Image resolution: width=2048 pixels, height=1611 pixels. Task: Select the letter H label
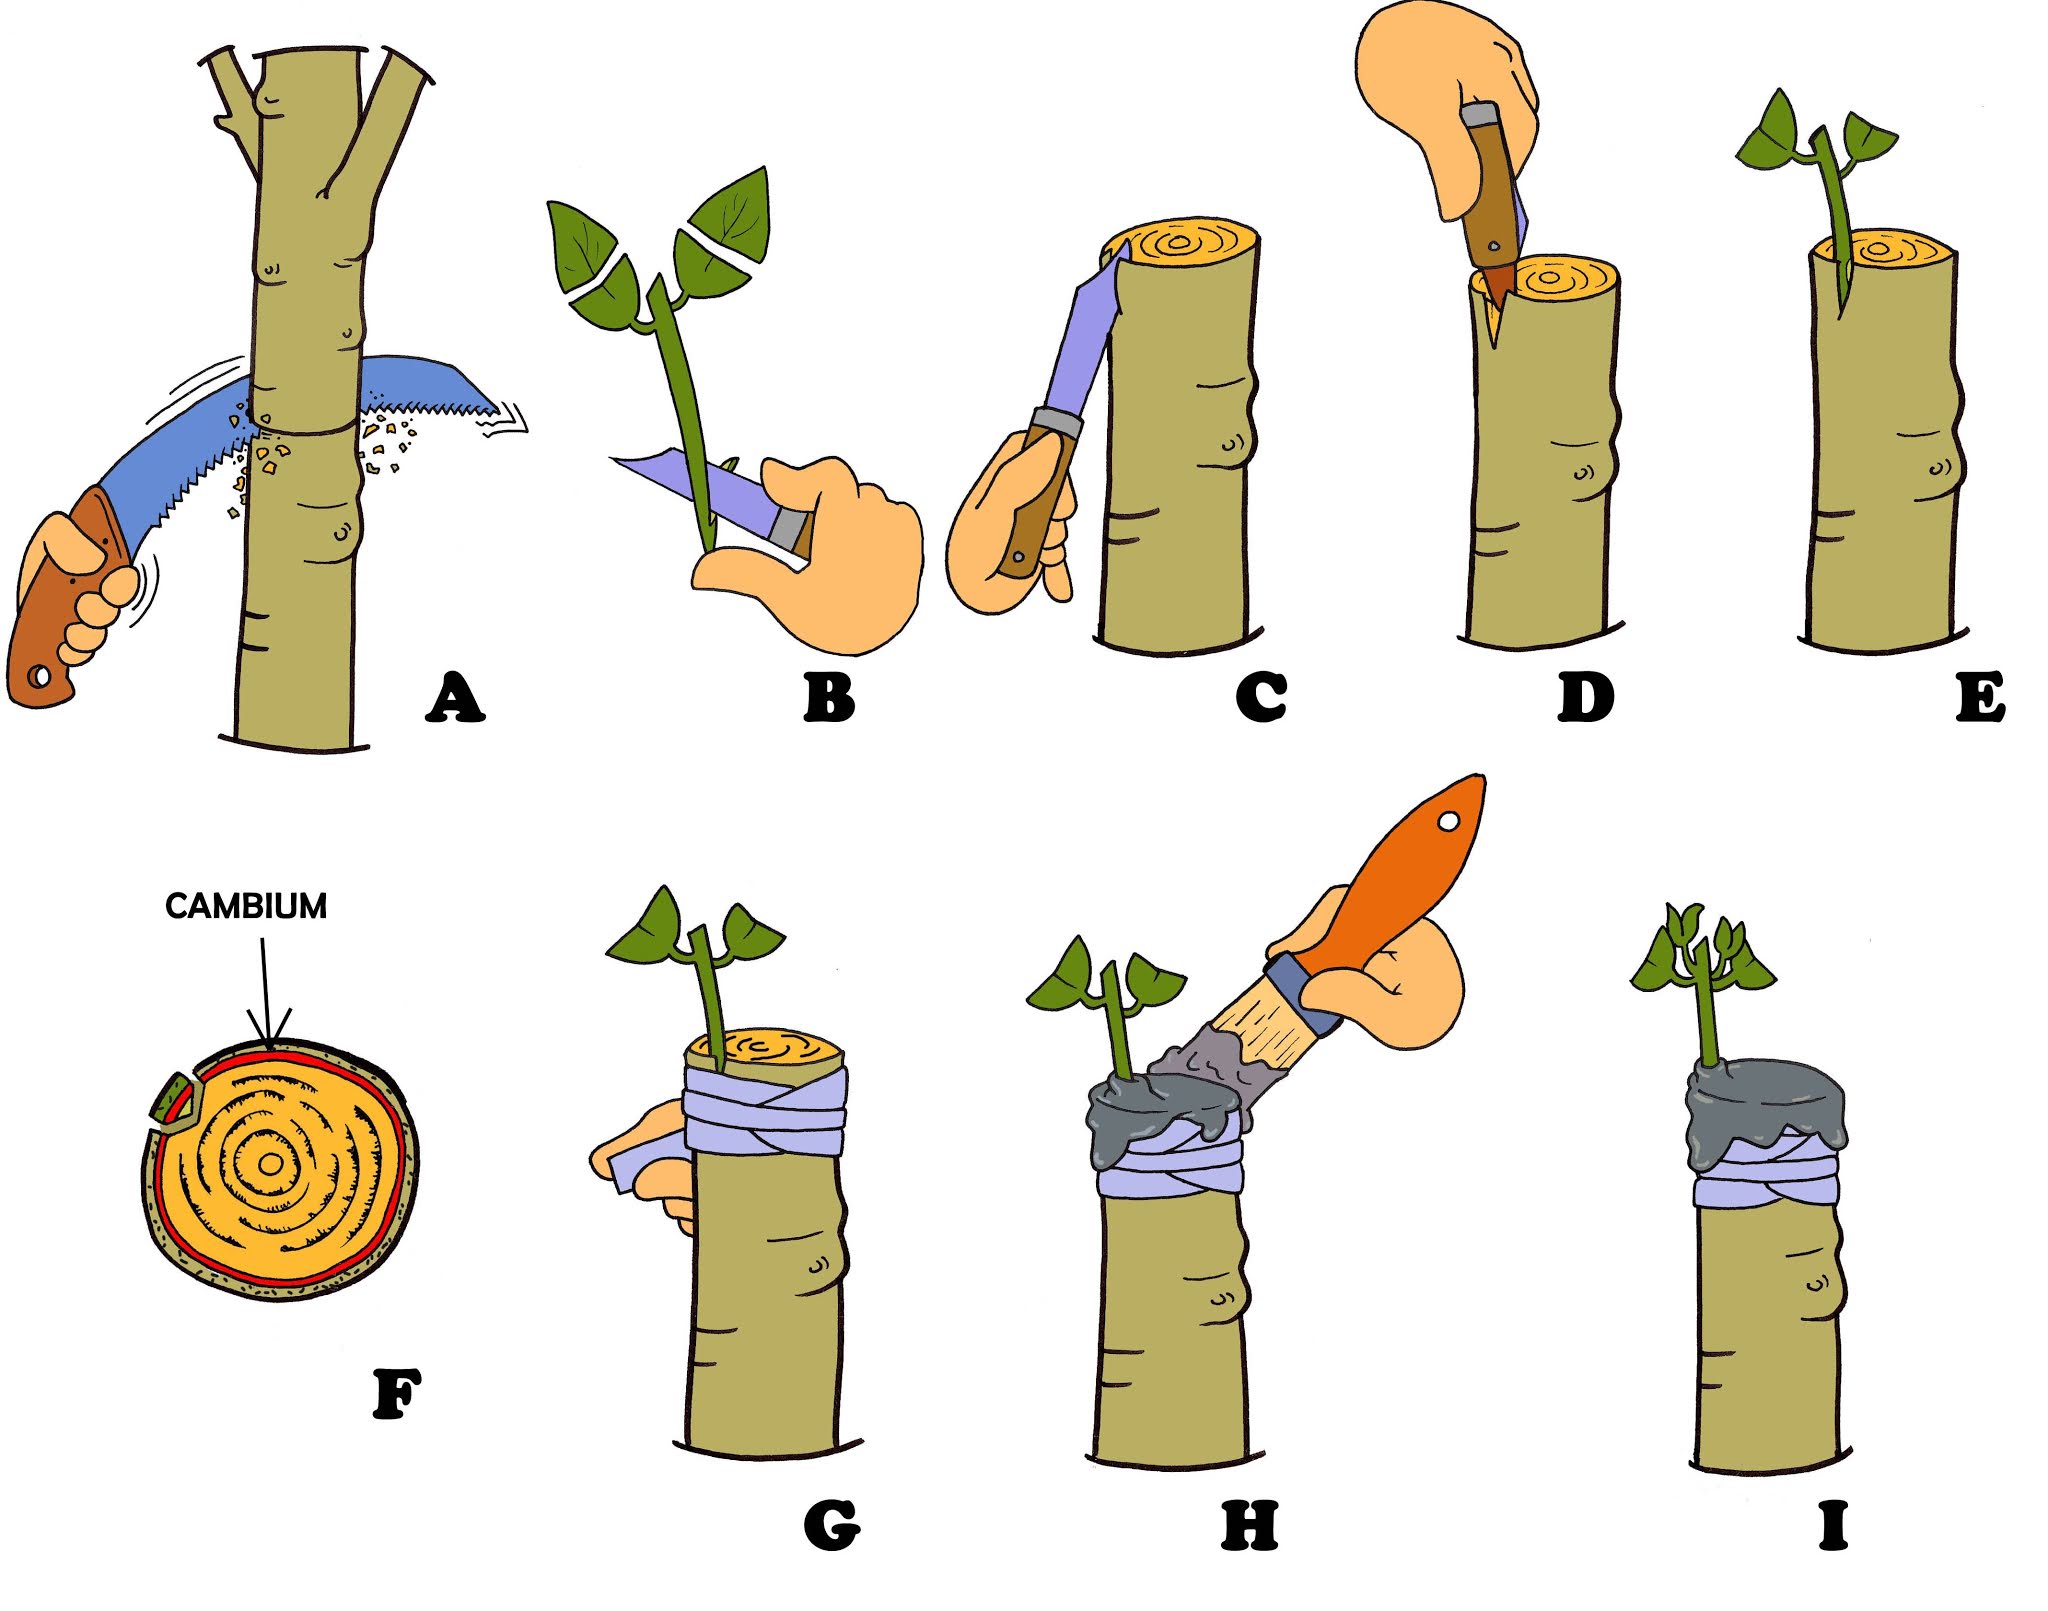[1249, 1526]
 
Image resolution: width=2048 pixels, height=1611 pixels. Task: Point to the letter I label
[1833, 1526]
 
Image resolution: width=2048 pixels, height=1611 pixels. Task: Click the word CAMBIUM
[246, 906]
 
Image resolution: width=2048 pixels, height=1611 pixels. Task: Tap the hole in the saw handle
[41, 677]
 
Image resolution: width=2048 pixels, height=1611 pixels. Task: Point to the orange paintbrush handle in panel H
[1400, 870]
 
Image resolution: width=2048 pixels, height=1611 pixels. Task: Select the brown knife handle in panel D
[1490, 190]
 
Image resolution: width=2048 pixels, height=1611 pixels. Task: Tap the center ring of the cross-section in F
[270, 1163]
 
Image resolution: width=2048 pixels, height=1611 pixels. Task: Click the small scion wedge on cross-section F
[176, 1097]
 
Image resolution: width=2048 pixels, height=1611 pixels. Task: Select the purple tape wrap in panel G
[765, 1110]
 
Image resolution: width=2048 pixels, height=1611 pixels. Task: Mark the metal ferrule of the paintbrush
[1302, 992]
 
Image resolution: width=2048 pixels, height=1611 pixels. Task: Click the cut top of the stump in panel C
[1180, 243]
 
